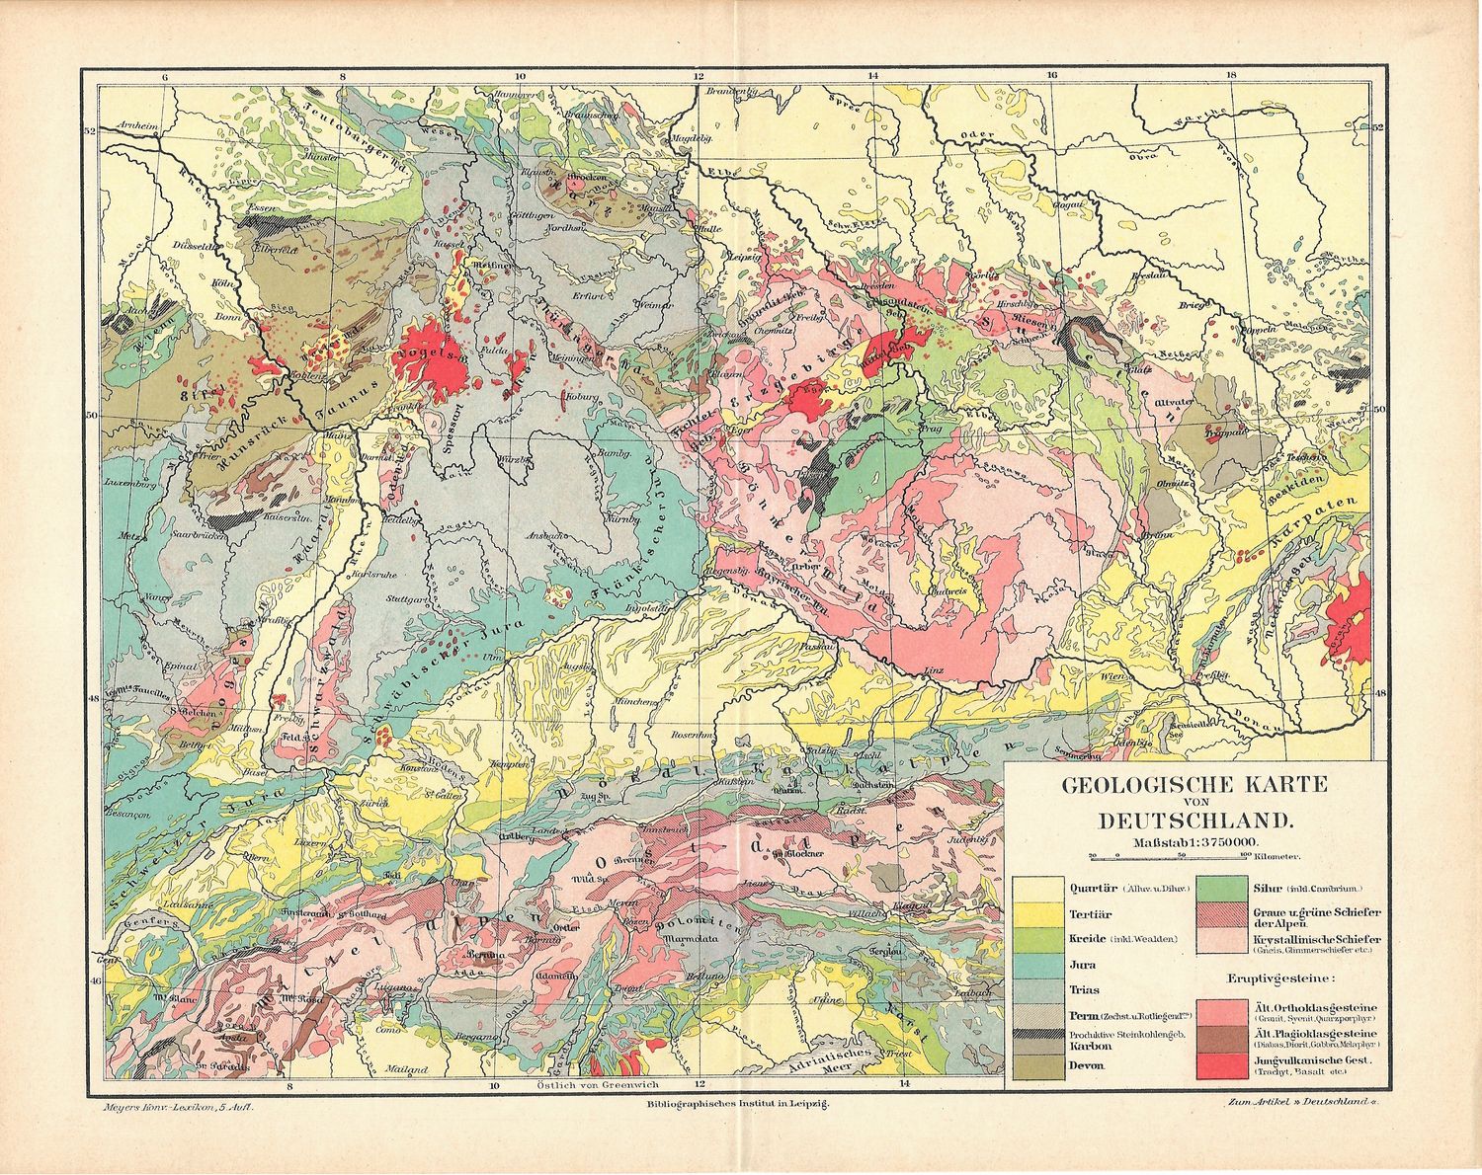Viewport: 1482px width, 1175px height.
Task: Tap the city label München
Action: (638, 701)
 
